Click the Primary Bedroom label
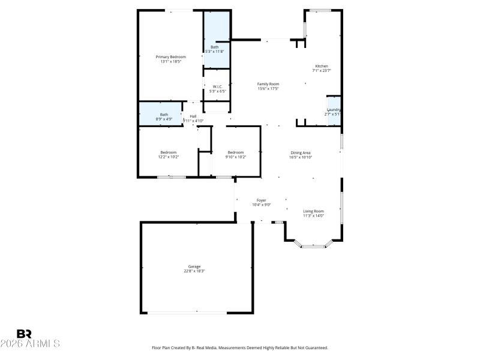pos(170,57)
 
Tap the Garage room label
pos(194,266)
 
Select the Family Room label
pos(268,84)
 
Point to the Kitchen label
pos(322,66)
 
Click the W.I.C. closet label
pos(217,86)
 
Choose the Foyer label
pos(262,200)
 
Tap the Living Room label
pos(313,211)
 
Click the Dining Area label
pos(301,152)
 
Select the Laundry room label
pos(334,110)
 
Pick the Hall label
pos(193,116)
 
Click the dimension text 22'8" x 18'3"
pos(194,271)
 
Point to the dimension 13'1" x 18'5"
pos(170,62)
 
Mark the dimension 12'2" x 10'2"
pos(169,157)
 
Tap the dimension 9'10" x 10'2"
pos(236,157)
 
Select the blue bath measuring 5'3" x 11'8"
pos(216,36)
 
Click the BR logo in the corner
pos(24,333)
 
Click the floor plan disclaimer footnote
pos(240,347)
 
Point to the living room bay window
pos(313,245)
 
